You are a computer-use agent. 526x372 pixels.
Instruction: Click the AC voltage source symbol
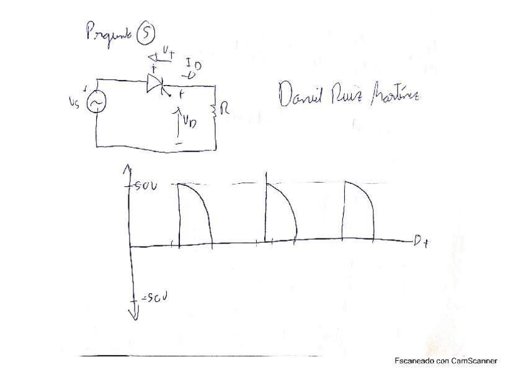pyautogui.click(x=97, y=104)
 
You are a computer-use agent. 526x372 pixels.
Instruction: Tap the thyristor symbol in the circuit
pyautogui.click(x=155, y=84)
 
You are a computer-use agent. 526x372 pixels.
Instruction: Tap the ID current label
pyautogui.click(x=194, y=68)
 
